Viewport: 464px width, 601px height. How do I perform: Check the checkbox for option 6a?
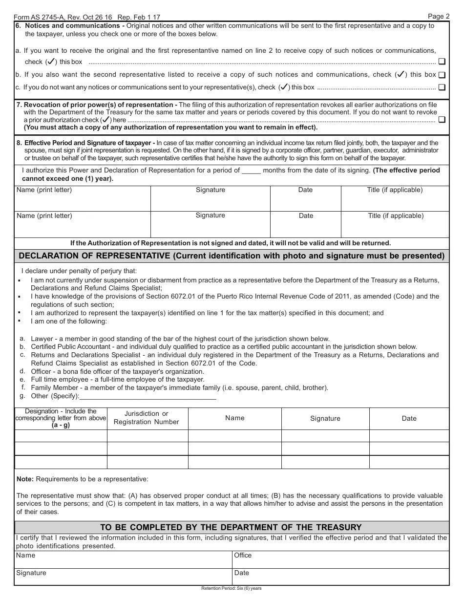tap(442, 62)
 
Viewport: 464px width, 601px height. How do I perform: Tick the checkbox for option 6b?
tap(442, 75)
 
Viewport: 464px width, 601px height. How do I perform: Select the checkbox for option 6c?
tap(442, 88)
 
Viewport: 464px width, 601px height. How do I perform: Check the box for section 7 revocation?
tap(442, 120)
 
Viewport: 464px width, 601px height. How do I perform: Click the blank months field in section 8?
tap(252, 171)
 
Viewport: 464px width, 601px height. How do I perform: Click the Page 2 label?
tap(439, 16)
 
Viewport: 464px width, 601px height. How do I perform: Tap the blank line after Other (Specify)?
tap(148, 396)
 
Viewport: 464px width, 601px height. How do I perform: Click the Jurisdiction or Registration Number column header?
tap(147, 418)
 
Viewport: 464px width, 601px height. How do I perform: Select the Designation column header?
tap(61, 418)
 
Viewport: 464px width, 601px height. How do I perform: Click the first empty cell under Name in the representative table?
tap(234, 436)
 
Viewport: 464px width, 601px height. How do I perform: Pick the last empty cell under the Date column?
tap(409, 462)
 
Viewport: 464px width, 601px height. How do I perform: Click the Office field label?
tap(243, 556)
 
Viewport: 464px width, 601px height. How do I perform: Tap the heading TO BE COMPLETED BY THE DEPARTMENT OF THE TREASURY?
tap(231, 527)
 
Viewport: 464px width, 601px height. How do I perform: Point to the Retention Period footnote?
tap(231, 588)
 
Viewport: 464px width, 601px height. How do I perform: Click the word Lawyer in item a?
tap(42, 339)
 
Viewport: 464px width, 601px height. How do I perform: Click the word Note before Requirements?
tap(25, 479)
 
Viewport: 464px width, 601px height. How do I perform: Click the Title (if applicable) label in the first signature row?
tap(395, 190)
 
